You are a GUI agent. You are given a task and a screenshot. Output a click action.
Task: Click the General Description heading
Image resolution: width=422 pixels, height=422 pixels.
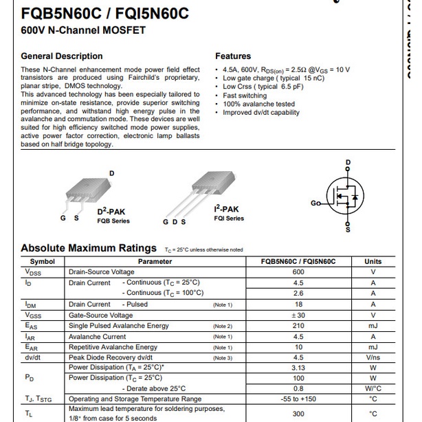pos(62,56)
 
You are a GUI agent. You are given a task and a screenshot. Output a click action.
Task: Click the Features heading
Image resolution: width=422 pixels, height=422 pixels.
pos(233,56)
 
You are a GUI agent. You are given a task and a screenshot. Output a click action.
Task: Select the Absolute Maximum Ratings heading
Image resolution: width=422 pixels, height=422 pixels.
pos(89,248)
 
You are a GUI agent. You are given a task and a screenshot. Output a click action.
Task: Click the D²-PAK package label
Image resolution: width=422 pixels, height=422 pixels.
pos(111,211)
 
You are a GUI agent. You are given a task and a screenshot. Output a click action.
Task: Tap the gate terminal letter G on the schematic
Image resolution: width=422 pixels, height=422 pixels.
pos(313,203)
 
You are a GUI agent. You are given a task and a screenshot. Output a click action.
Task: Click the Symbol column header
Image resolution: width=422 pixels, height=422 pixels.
pos(43,261)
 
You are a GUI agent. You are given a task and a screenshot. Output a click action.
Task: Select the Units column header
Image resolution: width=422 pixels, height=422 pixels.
pos(373,261)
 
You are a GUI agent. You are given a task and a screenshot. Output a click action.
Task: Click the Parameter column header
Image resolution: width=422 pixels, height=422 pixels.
pos(155,261)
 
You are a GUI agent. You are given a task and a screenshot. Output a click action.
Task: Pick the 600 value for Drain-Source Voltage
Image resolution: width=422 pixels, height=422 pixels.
pos(298,272)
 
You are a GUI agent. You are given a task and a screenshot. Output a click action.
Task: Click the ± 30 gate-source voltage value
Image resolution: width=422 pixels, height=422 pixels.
pos(298,315)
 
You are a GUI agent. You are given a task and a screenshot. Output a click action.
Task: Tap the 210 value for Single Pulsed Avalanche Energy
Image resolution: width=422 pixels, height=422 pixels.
pos(298,326)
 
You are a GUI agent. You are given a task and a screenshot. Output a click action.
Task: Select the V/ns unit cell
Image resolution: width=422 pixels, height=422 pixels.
pos(373,357)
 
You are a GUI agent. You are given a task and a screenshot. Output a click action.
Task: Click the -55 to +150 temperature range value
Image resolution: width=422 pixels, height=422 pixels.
pos(298,399)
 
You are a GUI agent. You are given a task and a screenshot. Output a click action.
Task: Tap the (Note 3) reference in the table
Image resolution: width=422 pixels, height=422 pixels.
pos(223,357)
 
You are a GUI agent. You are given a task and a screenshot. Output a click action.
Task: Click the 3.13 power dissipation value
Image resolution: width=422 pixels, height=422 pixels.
pos(298,368)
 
